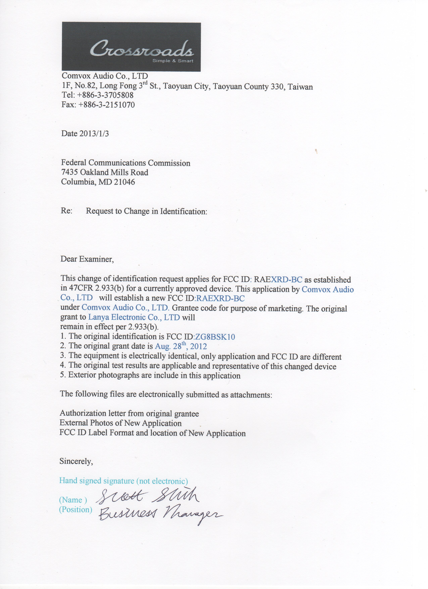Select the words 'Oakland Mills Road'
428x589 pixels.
(114, 172)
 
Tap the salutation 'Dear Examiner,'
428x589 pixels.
(87, 259)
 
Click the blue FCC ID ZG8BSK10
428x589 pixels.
(215, 337)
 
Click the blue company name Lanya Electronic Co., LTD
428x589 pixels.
(134, 317)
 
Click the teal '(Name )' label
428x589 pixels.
(73, 500)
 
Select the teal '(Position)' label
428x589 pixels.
(76, 510)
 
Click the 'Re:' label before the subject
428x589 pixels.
(67, 211)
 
